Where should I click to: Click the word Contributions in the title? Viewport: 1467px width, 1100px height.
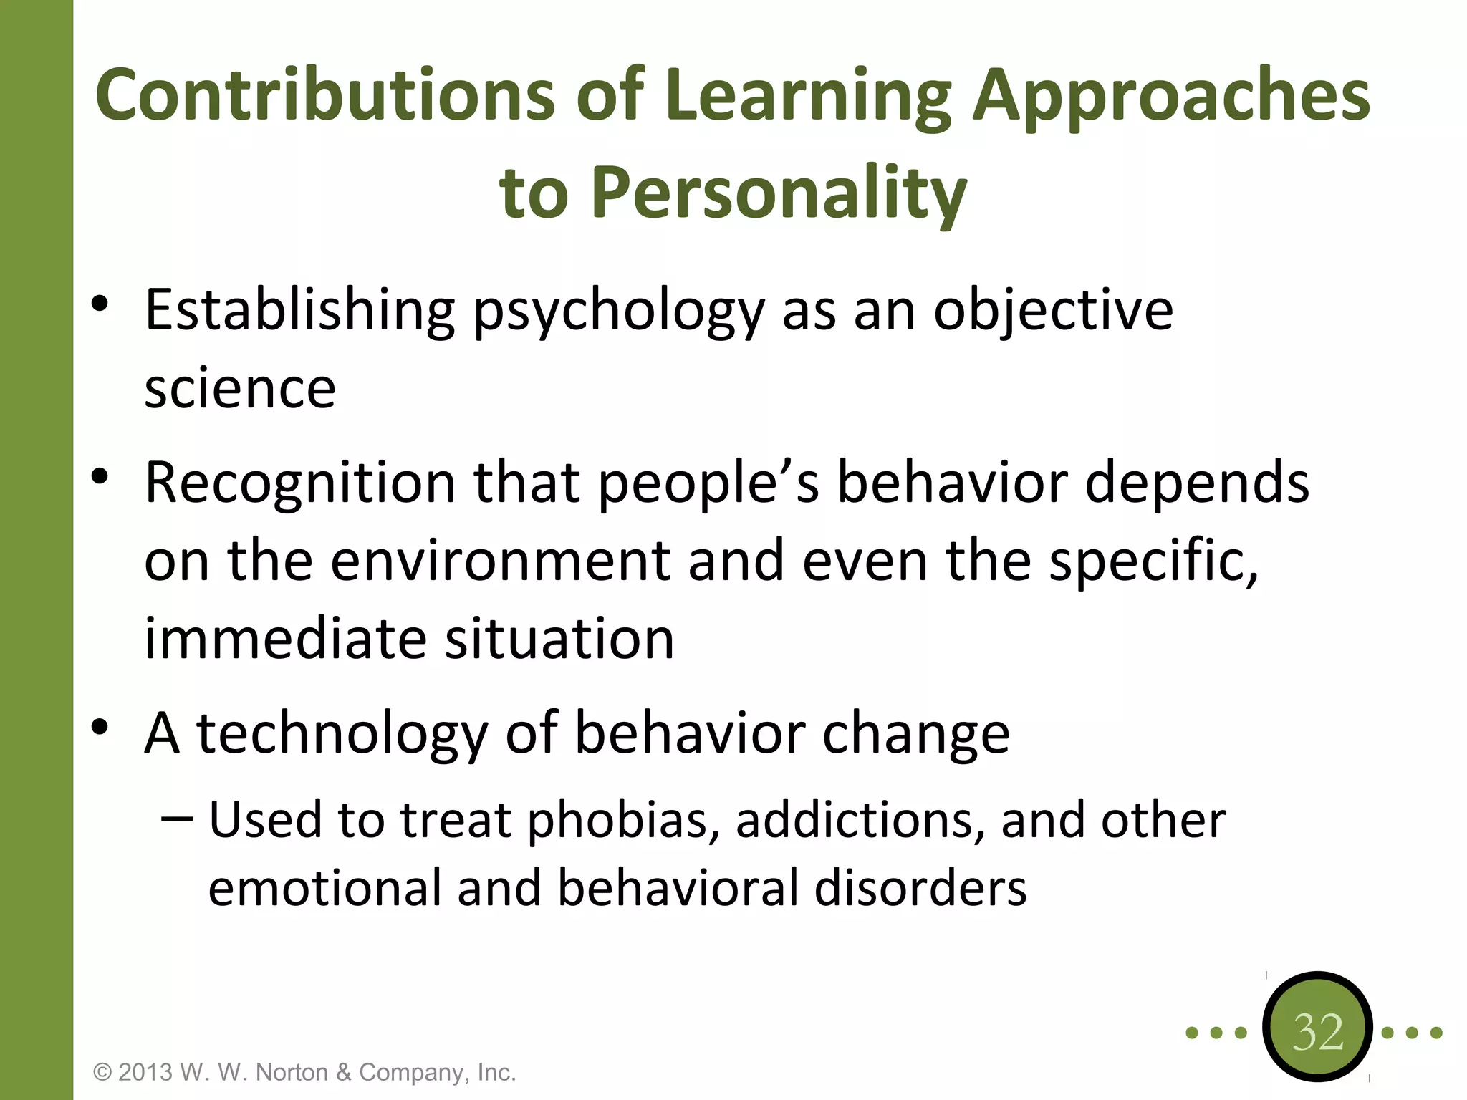tap(325, 95)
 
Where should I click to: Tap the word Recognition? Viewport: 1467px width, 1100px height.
tap(300, 483)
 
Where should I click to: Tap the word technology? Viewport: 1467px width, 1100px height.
tap(342, 734)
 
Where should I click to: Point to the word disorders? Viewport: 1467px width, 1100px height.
tap(920, 889)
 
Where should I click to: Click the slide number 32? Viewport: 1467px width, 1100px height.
tap(1317, 1032)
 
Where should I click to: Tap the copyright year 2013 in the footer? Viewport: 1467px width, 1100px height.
tap(145, 1073)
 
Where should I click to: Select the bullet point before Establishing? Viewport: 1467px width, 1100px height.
tap(100, 304)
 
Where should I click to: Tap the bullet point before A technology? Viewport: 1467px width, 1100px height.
tap(100, 727)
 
